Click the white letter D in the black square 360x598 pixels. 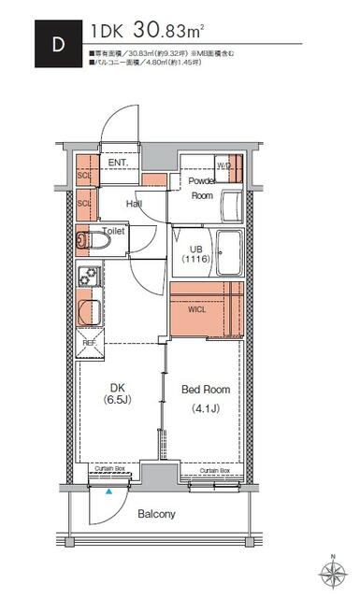coord(57,44)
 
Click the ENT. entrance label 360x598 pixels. coord(119,164)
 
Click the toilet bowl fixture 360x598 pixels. coord(94,242)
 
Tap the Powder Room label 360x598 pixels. coord(202,188)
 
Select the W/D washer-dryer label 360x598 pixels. coord(223,166)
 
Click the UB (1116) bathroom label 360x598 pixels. coord(194,254)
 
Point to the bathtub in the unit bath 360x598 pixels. coord(229,251)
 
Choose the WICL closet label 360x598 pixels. coord(198,307)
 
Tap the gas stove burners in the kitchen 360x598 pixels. coord(91,278)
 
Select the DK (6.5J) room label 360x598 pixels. coord(118,392)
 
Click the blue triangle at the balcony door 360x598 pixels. coord(109,491)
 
